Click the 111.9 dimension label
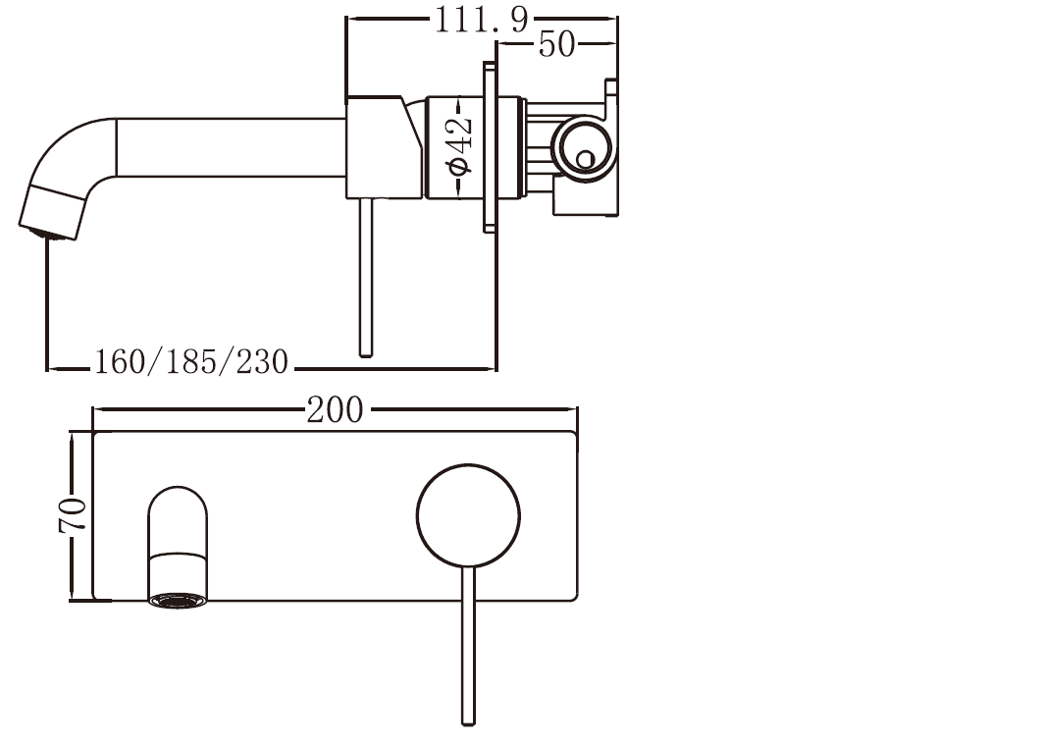[x=481, y=19]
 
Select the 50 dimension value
[x=556, y=45]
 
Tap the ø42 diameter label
[x=459, y=146]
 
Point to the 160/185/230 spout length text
[x=191, y=362]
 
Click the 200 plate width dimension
[x=335, y=409]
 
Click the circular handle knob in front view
[x=468, y=515]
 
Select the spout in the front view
[x=179, y=535]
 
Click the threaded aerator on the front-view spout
[x=179, y=599]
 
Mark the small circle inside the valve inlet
[x=586, y=157]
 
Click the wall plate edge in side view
[x=490, y=146]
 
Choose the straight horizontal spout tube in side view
[x=231, y=147]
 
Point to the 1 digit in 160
[x=100, y=362]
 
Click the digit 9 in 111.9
[x=518, y=19]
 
